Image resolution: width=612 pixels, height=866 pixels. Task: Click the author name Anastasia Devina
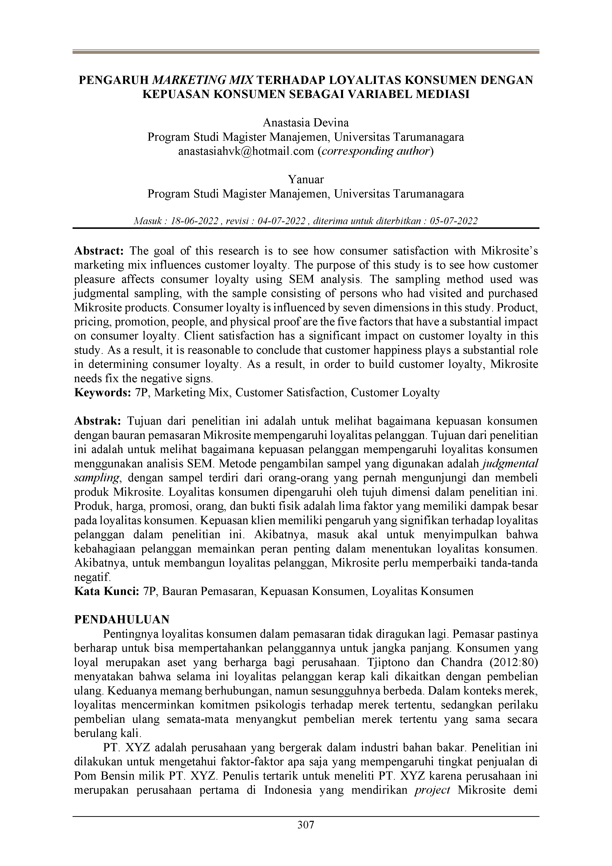(306, 123)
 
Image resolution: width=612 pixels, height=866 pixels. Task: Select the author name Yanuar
(306, 179)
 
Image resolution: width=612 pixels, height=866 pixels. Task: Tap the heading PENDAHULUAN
(122, 619)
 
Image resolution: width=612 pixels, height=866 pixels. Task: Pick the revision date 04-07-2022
(281, 221)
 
